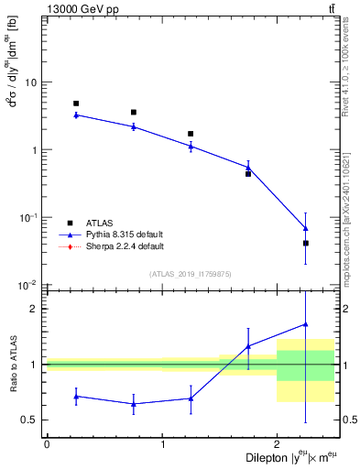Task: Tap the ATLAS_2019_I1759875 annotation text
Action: pos(191,274)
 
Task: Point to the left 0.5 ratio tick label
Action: pos(32,420)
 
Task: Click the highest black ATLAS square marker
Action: pos(76,104)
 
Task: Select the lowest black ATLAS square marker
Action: pos(306,243)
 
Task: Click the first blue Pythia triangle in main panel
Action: pos(76,115)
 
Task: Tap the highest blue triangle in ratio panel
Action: pos(306,323)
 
